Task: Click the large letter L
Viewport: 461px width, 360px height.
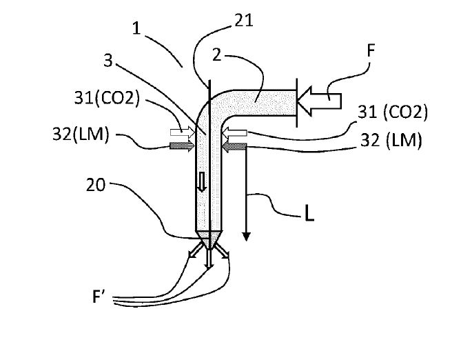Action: coord(309,214)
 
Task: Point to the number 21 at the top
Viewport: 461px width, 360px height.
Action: coord(243,21)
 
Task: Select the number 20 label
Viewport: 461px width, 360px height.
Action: coord(96,184)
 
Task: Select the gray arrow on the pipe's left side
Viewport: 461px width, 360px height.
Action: coord(183,146)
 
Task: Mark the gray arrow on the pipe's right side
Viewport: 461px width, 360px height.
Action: coord(235,146)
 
